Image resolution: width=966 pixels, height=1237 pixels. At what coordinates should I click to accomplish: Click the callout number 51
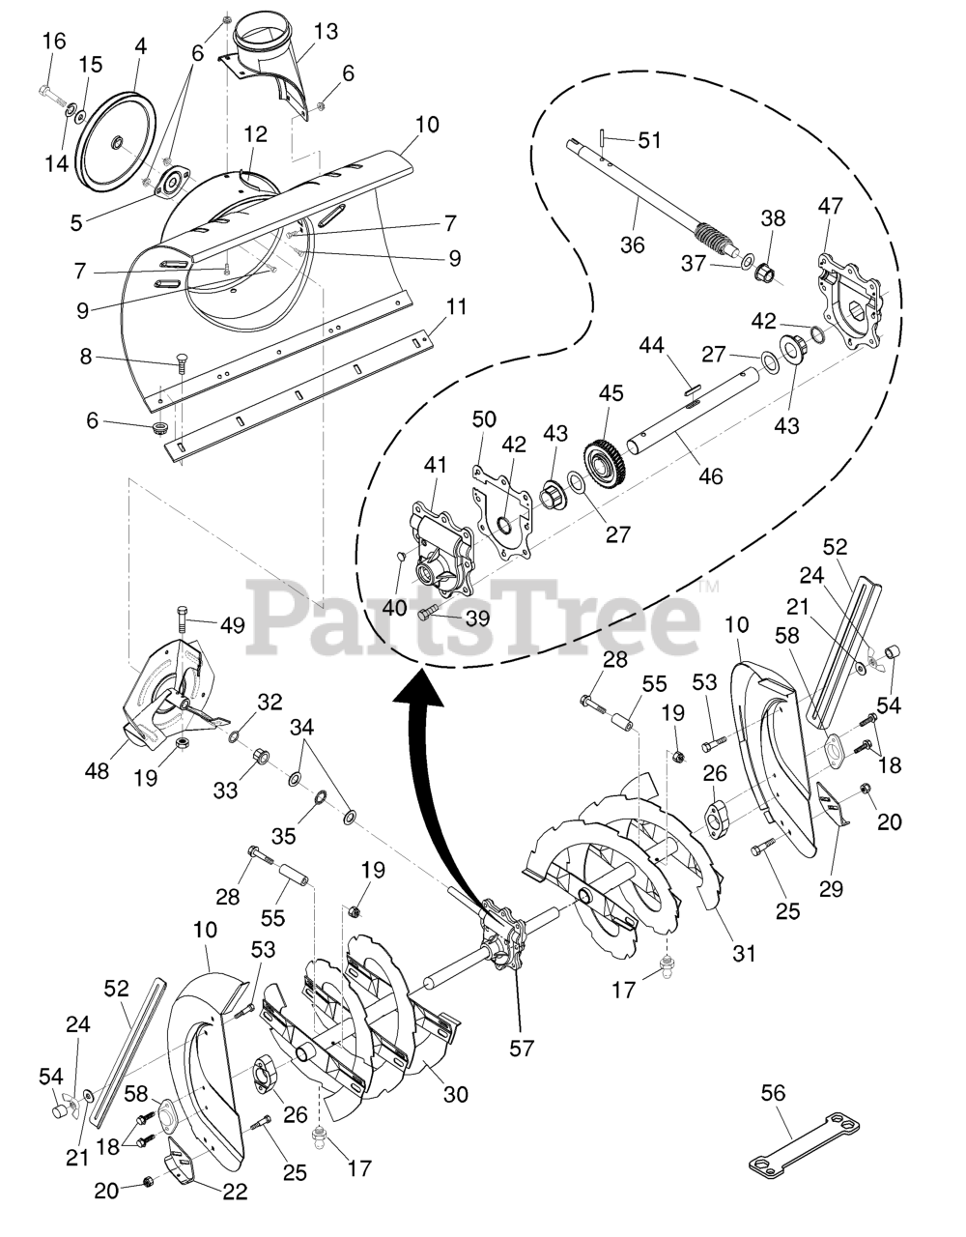click(x=649, y=140)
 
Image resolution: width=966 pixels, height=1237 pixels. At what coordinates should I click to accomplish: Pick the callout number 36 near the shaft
click(x=632, y=245)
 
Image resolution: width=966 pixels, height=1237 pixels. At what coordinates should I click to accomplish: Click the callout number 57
click(x=522, y=1048)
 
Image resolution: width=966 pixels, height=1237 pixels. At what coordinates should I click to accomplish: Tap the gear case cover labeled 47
click(x=850, y=290)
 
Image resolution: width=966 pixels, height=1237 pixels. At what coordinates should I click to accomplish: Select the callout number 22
click(x=234, y=1193)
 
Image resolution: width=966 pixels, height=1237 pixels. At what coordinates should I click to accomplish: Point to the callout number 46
click(x=710, y=475)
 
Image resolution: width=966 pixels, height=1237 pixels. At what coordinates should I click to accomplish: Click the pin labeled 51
click(x=601, y=136)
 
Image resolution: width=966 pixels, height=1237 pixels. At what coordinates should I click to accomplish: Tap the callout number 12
click(x=255, y=132)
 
